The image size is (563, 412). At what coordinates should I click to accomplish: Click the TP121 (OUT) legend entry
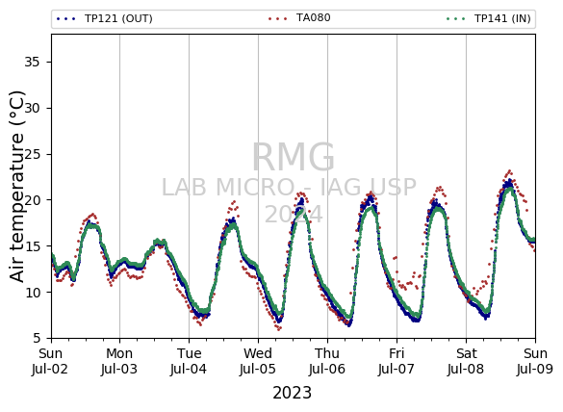[105, 18]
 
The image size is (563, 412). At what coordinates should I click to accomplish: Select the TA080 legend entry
[299, 18]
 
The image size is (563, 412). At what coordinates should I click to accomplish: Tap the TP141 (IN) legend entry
[489, 18]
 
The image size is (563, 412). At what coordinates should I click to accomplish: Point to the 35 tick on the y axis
[32, 63]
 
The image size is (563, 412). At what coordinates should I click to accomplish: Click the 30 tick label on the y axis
[32, 108]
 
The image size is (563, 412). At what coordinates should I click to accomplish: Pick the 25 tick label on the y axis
[32, 154]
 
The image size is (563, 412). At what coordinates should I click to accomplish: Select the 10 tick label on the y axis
[32, 293]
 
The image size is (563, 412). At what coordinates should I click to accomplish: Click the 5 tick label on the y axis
[36, 339]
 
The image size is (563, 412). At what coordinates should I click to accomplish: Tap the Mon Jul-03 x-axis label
[119, 361]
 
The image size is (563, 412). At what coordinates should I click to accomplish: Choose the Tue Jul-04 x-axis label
[189, 361]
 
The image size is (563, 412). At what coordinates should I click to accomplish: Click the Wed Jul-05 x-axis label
[258, 361]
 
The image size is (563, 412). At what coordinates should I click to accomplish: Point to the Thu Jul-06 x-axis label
[327, 361]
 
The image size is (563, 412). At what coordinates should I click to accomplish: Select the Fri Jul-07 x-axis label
[397, 361]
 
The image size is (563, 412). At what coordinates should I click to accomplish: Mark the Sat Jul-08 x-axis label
[466, 361]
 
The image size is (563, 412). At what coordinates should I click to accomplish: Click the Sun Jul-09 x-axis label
[535, 361]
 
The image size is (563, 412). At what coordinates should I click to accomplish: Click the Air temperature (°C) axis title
[16, 187]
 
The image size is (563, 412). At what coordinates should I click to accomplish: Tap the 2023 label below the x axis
[293, 393]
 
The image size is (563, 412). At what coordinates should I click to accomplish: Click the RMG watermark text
[294, 158]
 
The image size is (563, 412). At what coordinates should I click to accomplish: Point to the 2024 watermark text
[294, 215]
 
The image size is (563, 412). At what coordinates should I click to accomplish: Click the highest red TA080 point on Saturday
[509, 171]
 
